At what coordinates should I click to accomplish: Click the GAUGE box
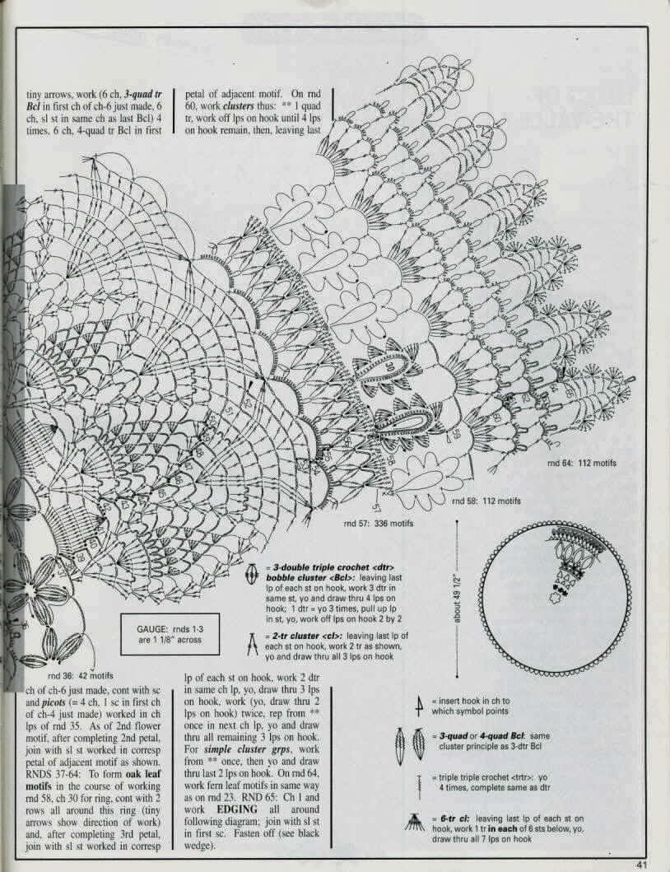(x=170, y=634)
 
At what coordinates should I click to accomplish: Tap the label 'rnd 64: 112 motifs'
(x=582, y=463)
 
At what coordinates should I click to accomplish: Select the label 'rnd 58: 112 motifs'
(x=486, y=501)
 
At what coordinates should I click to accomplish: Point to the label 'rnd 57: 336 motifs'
(x=379, y=524)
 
